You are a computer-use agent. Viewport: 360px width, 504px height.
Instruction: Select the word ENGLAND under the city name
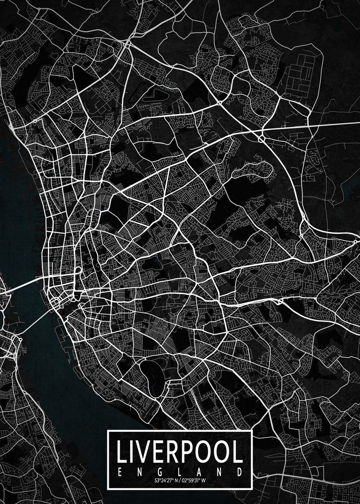click(x=180, y=471)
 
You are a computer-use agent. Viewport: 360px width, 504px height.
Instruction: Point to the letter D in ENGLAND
click(x=240, y=471)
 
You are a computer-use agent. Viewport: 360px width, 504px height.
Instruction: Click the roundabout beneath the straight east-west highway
click(x=261, y=137)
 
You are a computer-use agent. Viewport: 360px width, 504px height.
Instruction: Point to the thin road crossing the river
click(x=34, y=321)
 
